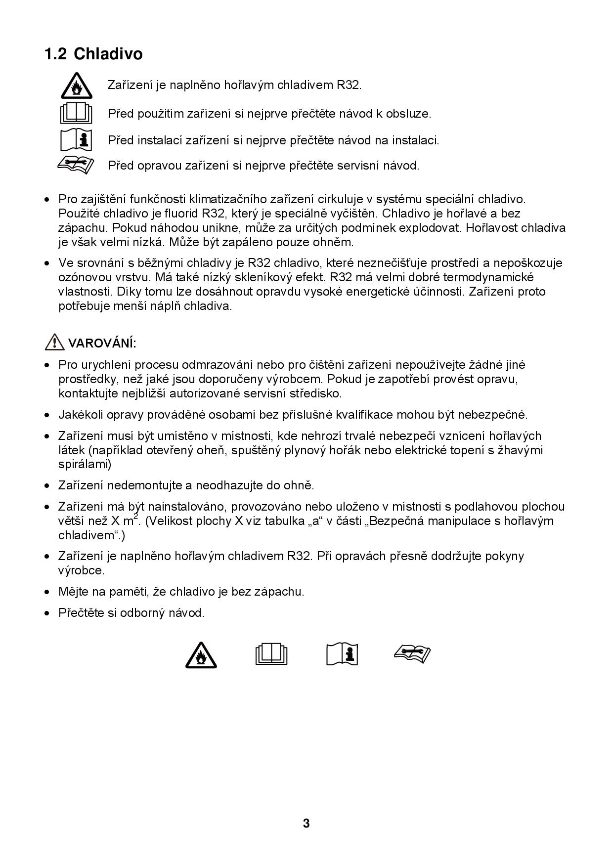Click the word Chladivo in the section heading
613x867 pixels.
click(108, 54)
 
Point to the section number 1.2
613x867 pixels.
click(55, 54)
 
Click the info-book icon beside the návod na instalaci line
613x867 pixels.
click(76, 140)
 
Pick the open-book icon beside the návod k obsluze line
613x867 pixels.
click(76, 114)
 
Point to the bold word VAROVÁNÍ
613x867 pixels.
click(102, 343)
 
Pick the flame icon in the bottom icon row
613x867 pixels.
click(201, 655)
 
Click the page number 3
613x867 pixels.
click(306, 824)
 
